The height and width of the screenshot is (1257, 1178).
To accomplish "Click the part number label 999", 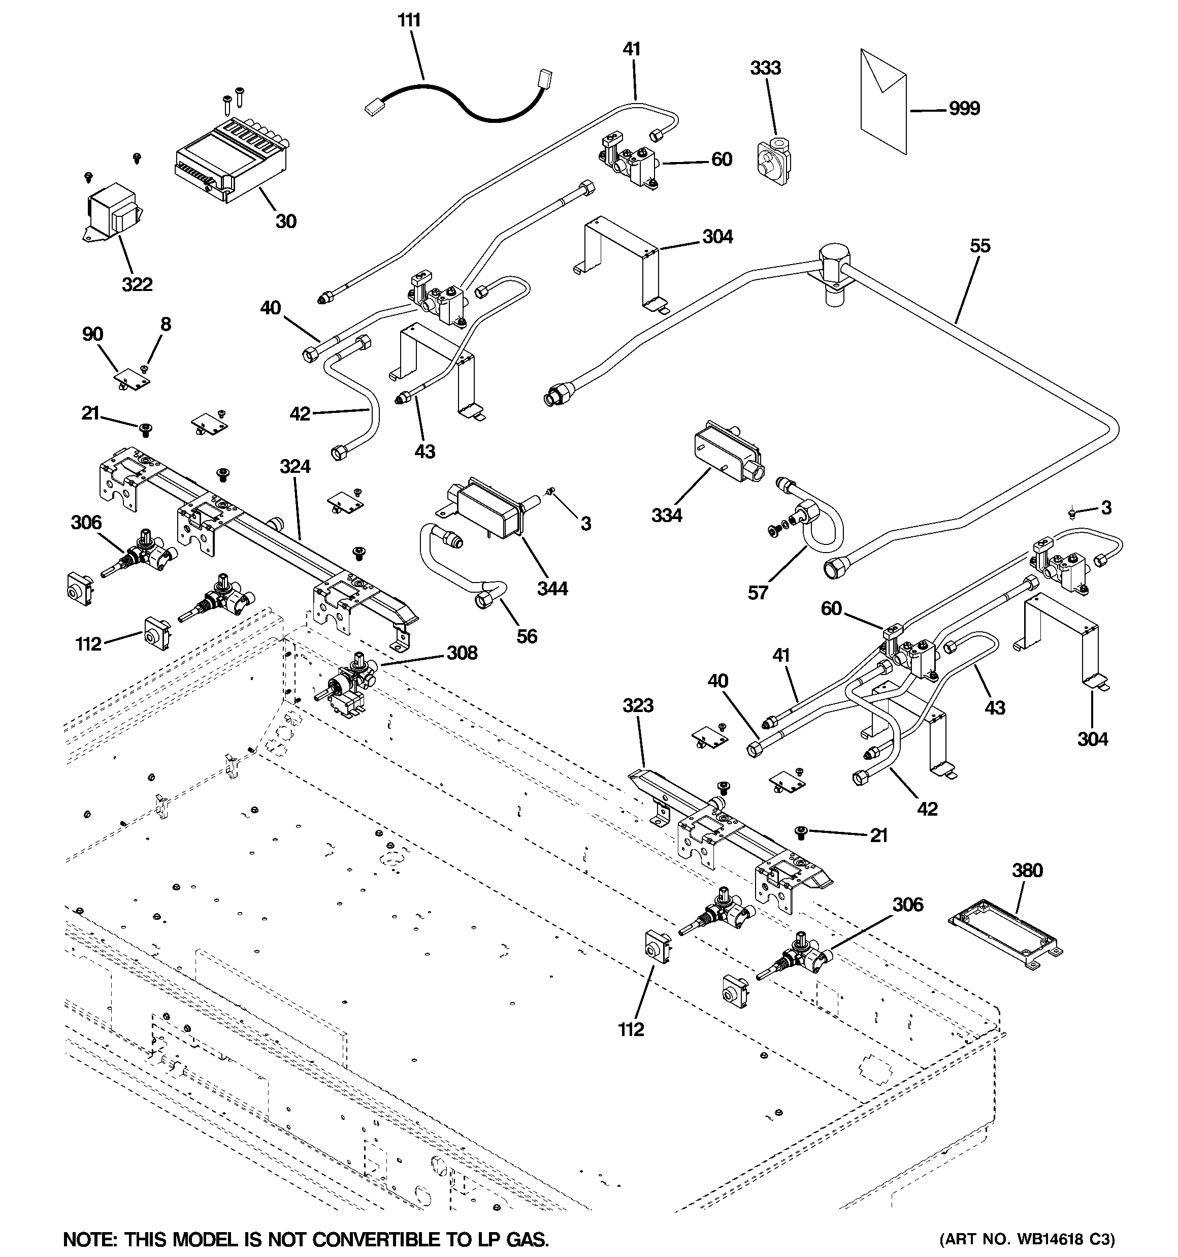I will pyautogui.click(x=964, y=108).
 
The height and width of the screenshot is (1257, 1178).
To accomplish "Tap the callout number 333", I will pyautogui.click(x=765, y=68).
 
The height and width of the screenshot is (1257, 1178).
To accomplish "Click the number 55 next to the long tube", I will pyautogui.click(x=979, y=245).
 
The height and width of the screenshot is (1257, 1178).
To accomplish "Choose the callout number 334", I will pyautogui.click(x=667, y=515).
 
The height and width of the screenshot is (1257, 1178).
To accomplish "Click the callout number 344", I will pyautogui.click(x=552, y=588).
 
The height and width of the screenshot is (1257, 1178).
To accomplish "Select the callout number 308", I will pyautogui.click(x=462, y=653).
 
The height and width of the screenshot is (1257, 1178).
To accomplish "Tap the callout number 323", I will pyautogui.click(x=637, y=705).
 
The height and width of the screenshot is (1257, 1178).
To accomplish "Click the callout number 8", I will pyautogui.click(x=165, y=325).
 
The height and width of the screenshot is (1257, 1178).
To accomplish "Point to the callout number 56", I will pyautogui.click(x=526, y=636).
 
